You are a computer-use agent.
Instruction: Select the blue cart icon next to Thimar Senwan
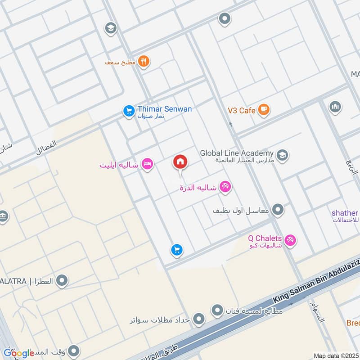129,110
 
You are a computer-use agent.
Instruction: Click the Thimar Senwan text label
165,109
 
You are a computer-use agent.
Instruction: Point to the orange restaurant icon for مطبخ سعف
144,62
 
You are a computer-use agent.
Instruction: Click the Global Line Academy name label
237,153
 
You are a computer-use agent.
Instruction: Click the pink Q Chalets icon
291,240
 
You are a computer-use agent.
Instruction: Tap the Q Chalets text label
265,238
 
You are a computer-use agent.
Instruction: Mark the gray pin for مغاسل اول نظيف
278,210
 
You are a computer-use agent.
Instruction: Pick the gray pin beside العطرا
63,281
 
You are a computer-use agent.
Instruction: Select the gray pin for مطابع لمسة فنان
217,310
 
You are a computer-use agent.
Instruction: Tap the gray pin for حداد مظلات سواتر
198,320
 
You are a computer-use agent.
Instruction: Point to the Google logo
18,353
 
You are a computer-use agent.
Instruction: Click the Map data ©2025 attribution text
335,356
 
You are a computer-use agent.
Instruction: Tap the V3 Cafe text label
241,110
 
